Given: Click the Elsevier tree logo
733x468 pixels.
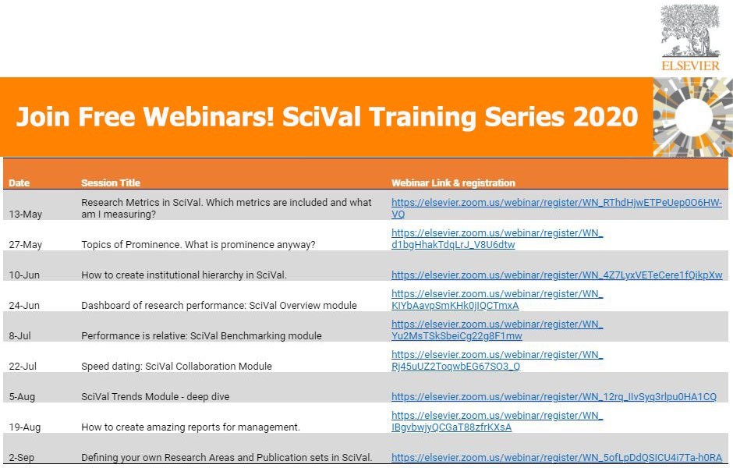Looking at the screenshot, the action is (690, 31).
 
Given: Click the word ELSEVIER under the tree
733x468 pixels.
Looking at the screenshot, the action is (690, 66).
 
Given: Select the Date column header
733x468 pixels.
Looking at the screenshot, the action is (19, 183).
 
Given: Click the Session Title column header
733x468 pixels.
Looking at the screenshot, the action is (111, 183).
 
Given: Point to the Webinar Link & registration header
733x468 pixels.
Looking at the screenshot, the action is (454, 183).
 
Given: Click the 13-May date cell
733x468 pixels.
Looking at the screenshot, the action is (25, 214).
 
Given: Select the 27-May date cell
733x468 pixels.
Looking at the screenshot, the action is (25, 244).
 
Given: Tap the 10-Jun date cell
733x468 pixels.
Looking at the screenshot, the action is (24, 275).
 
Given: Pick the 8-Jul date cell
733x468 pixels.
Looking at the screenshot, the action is (19, 335).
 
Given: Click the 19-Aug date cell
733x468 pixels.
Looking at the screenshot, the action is (25, 427).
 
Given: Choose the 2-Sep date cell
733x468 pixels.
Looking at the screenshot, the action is (22, 457).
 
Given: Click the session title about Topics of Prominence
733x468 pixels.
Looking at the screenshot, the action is (198, 244).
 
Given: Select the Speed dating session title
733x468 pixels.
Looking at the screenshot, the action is (176, 366).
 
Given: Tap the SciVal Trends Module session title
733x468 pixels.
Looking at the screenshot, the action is (155, 396).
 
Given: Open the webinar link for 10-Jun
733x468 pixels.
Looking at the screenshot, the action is (557, 275).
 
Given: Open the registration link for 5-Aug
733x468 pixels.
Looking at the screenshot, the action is (554, 396).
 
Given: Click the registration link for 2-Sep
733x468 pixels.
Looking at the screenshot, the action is (557, 457).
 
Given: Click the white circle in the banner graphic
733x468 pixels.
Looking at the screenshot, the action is (694, 117).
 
